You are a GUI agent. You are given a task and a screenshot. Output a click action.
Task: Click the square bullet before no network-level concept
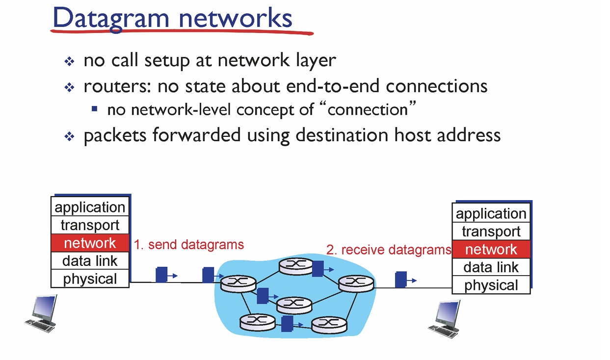point(95,108)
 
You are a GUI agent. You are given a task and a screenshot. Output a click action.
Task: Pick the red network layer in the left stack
point(90,243)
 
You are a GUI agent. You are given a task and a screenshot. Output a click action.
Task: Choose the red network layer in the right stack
point(491,250)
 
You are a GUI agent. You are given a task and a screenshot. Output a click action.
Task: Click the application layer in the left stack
point(90,207)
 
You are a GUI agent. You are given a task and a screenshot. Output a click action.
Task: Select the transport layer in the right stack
point(491,231)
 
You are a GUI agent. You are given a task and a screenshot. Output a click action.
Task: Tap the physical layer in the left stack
point(90,279)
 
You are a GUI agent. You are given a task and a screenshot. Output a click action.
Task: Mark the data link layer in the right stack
point(491,267)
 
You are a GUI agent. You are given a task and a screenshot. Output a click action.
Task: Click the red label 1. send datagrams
point(189,244)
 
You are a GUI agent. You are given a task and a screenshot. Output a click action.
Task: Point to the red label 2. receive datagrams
point(389,250)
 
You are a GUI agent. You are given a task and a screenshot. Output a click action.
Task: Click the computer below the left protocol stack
point(42,314)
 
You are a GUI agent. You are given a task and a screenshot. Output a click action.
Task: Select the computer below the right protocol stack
point(445,319)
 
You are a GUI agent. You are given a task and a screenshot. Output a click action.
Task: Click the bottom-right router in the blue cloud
point(329,324)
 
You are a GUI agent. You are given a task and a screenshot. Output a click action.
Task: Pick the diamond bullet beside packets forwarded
point(69,136)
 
